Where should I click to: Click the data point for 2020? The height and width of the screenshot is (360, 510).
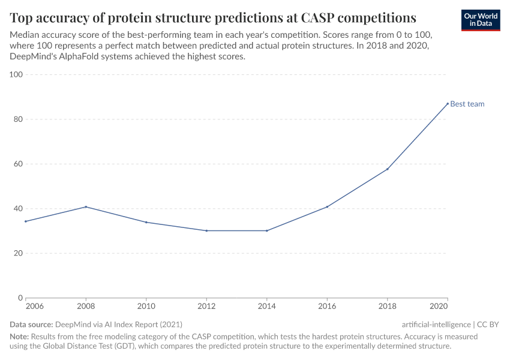click(447, 103)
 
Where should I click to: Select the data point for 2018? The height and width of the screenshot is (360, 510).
click(387, 169)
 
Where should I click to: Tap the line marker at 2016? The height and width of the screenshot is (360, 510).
click(327, 207)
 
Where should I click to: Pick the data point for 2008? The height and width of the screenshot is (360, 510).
click(86, 207)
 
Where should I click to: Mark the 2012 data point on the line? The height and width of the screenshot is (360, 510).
click(206, 230)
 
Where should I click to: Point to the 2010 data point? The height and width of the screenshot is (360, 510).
click(146, 222)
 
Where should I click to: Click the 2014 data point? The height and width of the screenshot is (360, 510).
click(266, 230)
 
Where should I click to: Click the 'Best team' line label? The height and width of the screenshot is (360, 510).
click(467, 104)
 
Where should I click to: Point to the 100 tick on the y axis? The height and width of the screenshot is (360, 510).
click(16, 74)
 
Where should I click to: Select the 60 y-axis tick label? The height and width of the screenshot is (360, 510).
click(18, 164)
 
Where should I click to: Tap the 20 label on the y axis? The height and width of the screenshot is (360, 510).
click(18, 253)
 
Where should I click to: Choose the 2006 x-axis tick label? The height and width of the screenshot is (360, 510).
click(34, 307)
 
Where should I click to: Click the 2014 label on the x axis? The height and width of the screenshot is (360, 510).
click(266, 307)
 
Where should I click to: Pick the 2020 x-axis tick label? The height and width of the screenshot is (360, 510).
click(439, 307)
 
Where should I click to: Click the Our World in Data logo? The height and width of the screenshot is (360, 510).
click(480, 20)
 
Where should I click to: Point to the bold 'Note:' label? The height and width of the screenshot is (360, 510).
click(19, 337)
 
